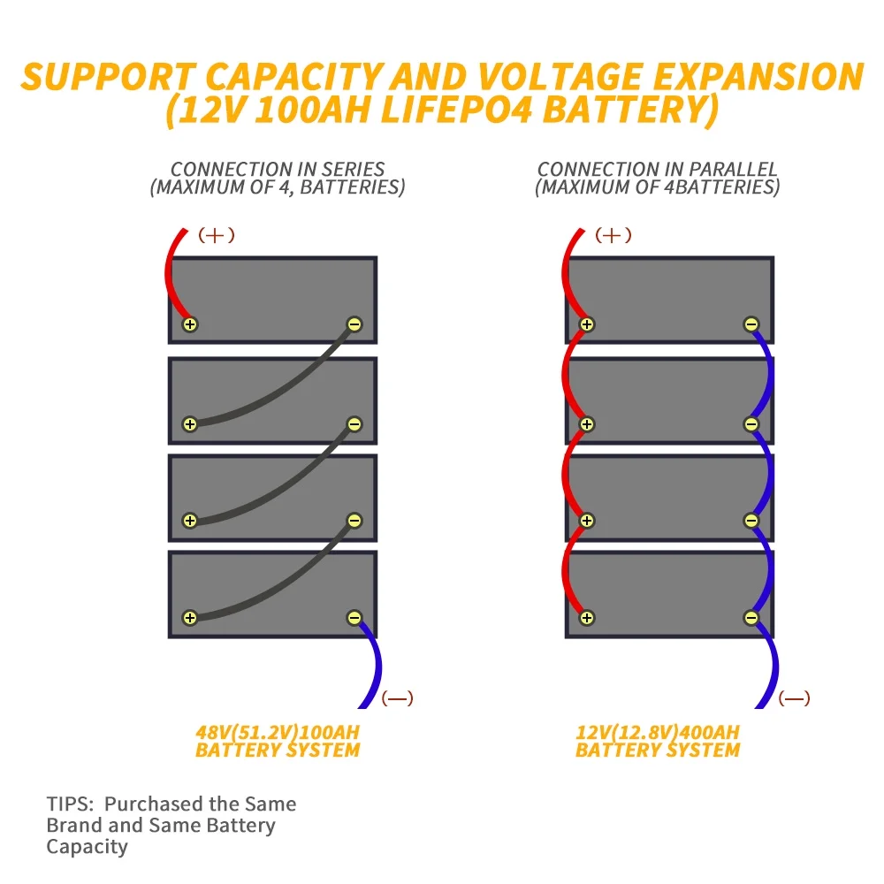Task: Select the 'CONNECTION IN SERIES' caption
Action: pos(278,169)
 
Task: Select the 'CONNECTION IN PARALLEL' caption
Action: pos(657,169)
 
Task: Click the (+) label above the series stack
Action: pos(217,235)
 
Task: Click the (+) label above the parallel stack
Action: pos(613,235)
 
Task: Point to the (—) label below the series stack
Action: pos(397,698)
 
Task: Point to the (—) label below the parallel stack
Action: pos(794,698)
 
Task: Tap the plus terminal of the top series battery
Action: pos(189,324)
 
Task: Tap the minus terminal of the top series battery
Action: pos(354,324)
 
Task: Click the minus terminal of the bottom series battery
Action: pos(354,617)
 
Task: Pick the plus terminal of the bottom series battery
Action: pos(189,617)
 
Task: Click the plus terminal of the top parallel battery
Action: pos(586,324)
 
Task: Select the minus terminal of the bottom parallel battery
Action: pos(751,617)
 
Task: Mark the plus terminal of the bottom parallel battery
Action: pos(586,617)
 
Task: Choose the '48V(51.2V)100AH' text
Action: pos(278,733)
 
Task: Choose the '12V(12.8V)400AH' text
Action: pos(657,733)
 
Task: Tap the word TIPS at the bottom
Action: pos(68,804)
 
